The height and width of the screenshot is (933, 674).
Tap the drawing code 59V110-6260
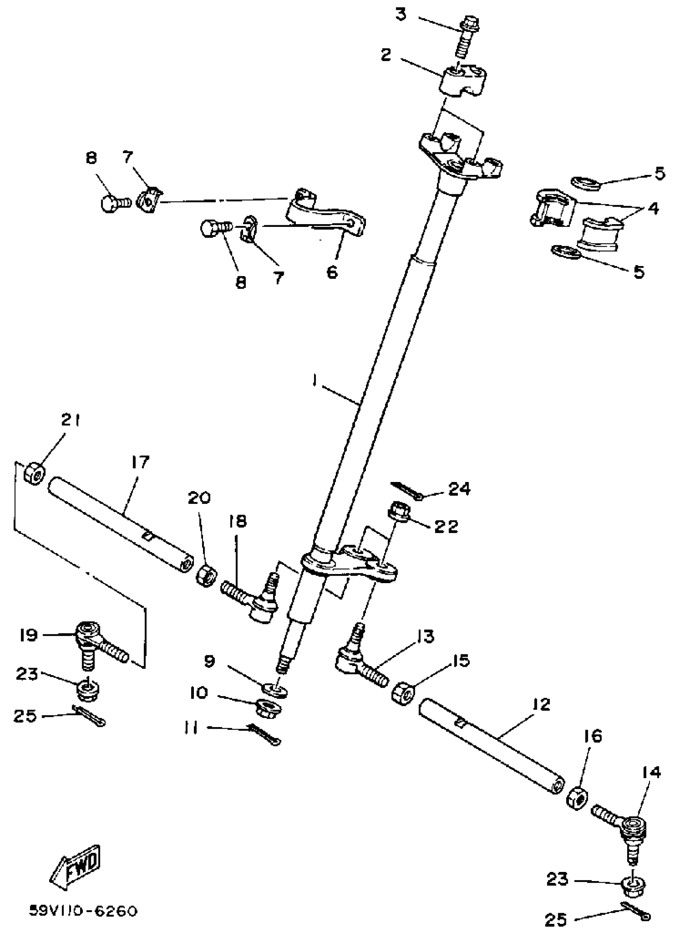point(82,912)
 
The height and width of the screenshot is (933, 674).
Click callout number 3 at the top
point(400,15)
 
